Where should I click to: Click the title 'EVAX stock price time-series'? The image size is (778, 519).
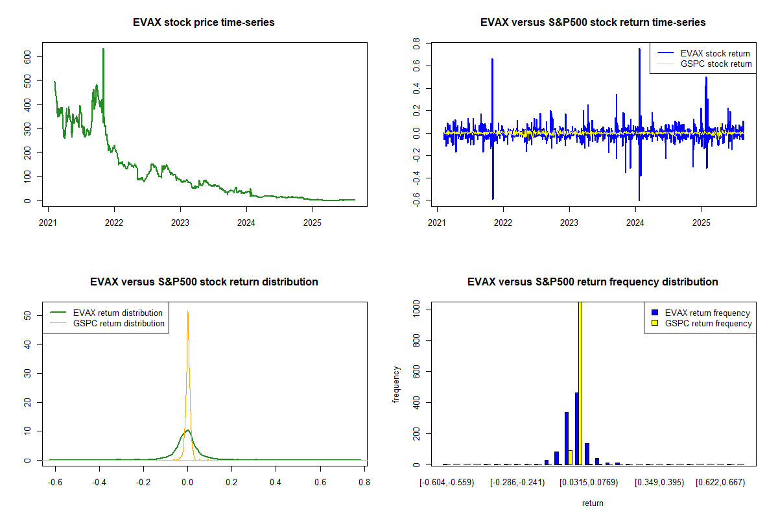point(204,23)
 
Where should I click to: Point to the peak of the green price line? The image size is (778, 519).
point(103,49)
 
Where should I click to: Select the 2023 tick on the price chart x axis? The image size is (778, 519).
point(180,210)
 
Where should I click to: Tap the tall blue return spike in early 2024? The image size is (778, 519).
point(639,49)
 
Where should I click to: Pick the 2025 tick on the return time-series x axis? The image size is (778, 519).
point(701,210)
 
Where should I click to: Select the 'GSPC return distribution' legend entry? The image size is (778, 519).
point(119,323)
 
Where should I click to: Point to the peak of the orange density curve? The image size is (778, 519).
point(187,311)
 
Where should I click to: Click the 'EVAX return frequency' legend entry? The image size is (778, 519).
point(707,313)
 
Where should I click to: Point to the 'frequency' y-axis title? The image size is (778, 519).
point(397,385)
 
